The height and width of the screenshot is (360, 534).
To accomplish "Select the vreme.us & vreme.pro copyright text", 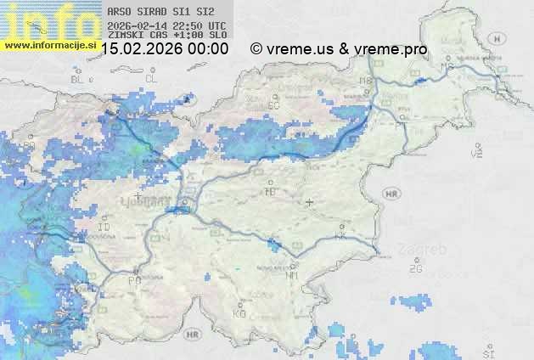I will [x=339, y=49].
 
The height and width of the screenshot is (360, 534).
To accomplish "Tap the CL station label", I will [x=151, y=78].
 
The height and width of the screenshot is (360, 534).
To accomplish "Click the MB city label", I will [x=367, y=81].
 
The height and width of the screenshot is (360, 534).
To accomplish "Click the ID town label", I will [x=104, y=228].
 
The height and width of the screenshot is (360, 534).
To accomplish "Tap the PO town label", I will [x=134, y=279].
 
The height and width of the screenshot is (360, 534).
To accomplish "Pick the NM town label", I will [x=293, y=274].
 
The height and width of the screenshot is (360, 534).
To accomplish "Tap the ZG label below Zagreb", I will [x=415, y=269].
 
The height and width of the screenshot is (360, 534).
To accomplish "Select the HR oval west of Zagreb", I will [x=391, y=194].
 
